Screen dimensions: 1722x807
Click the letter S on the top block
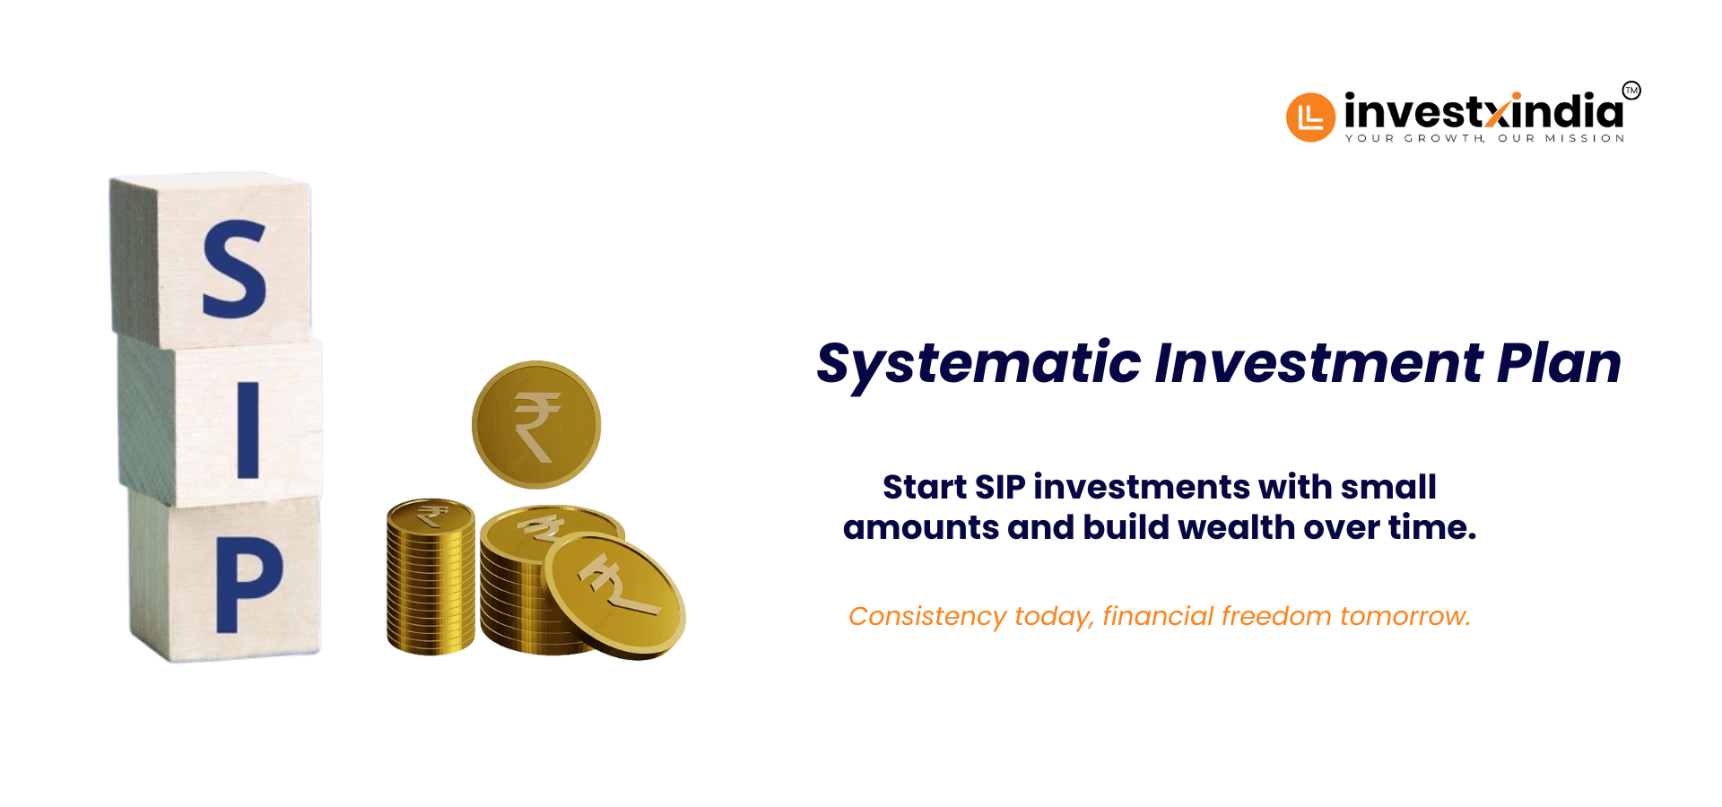[235, 269]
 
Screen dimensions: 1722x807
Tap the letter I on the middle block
[248, 430]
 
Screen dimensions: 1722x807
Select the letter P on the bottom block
[248, 585]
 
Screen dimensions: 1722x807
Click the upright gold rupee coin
[536, 425]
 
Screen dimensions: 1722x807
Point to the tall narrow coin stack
[430, 577]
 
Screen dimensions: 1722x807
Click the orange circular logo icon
[1310, 117]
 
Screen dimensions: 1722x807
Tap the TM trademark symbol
[1631, 91]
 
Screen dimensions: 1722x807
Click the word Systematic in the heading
[978, 364]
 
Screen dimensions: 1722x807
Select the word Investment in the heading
[1318, 362]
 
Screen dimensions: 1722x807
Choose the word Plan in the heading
[1559, 362]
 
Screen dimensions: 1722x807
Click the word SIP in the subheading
[999, 487]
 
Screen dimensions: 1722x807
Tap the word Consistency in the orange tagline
[927, 617]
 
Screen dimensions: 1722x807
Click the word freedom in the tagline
[1276, 616]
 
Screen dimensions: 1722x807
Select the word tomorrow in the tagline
[1405, 617]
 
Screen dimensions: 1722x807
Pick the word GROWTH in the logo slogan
[1445, 138]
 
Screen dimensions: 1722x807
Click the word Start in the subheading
[925, 487]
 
